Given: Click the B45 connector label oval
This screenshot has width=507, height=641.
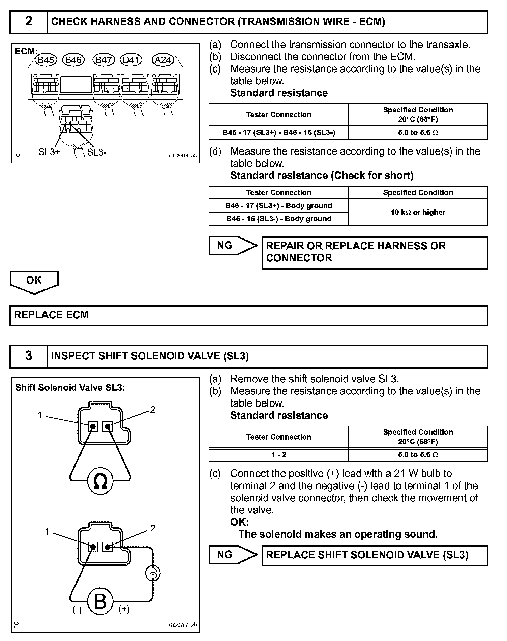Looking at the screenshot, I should (46, 60).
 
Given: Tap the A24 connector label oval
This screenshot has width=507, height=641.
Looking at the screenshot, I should (163, 60).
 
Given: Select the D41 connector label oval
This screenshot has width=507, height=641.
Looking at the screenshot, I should (131, 60).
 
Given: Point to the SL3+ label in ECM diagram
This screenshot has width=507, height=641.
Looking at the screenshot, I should (49, 152).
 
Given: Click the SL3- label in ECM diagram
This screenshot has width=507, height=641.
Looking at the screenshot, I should (97, 152).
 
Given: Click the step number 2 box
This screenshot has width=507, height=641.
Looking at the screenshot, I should (29, 22).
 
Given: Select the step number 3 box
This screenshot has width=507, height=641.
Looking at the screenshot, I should (29, 356).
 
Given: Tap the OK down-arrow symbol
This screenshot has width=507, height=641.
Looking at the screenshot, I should (34, 282).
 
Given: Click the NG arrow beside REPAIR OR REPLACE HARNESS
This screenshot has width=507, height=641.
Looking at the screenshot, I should (233, 245).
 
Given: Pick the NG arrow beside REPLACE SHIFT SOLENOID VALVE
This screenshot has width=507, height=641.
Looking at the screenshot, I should (233, 555).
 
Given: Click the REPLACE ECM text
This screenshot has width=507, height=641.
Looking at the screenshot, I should (51, 315).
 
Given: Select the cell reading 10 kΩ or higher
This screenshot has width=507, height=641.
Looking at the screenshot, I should (418, 212).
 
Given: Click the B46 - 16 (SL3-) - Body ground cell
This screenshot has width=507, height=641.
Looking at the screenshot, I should (278, 219).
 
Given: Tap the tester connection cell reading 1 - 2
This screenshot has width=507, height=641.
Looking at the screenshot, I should (278, 454).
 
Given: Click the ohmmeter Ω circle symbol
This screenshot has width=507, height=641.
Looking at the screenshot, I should (100, 481).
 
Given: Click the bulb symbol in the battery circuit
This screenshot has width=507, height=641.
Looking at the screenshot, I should (153, 573).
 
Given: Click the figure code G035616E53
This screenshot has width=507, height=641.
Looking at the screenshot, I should (182, 156).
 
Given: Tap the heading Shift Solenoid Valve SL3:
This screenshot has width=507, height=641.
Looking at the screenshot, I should (70, 388).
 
